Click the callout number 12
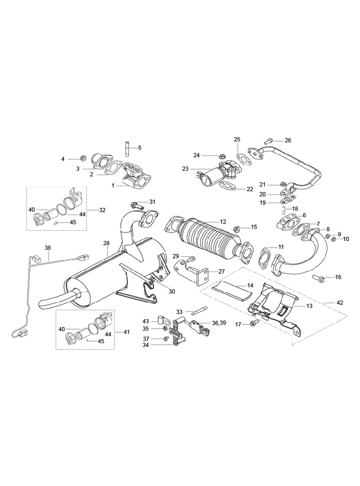[223, 222]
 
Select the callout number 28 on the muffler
[106, 243]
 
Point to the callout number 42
[339, 303]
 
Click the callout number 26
[288, 141]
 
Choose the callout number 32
[102, 210]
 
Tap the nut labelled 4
[83, 158]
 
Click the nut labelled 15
[237, 229]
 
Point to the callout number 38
[48, 247]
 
